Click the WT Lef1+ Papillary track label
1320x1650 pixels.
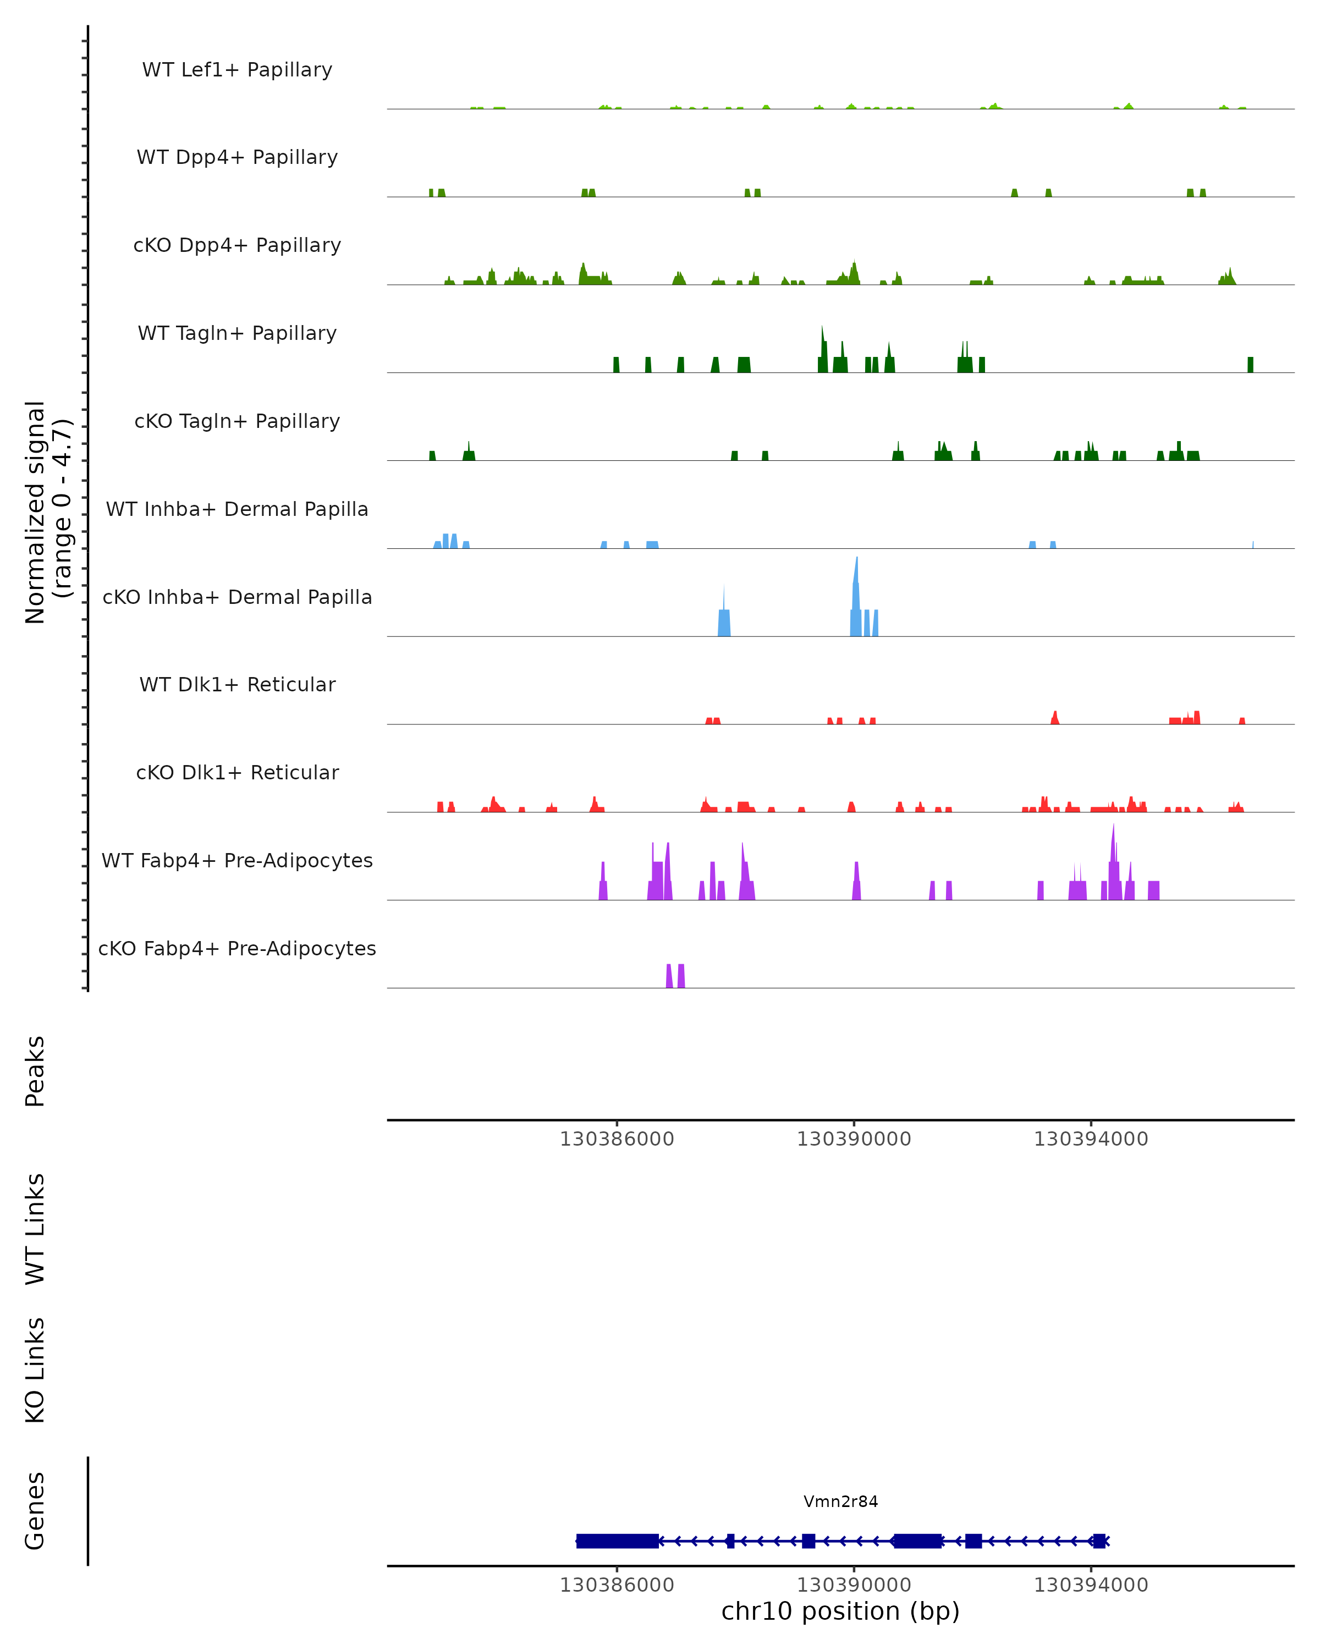pos(237,70)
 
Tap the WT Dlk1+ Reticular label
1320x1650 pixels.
pos(237,684)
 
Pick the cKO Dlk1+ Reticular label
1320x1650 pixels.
pos(237,772)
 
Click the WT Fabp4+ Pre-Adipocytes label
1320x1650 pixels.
pos(237,860)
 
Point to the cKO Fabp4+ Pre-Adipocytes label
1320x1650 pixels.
pos(237,948)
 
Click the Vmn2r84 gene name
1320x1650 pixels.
pos(840,1502)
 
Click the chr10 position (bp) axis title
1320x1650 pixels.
pos(840,1611)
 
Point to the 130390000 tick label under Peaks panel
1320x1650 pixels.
pos(854,1139)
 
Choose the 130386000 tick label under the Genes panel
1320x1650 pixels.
pos(617,1585)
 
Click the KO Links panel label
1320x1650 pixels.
pos(35,1370)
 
